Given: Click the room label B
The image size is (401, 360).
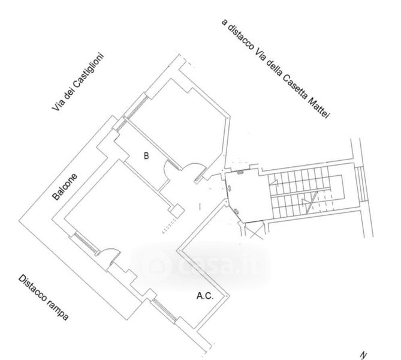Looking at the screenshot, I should [146, 155].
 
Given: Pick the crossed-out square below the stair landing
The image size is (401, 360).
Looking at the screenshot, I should [252, 229].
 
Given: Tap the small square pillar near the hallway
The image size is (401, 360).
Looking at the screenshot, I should [176, 211].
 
